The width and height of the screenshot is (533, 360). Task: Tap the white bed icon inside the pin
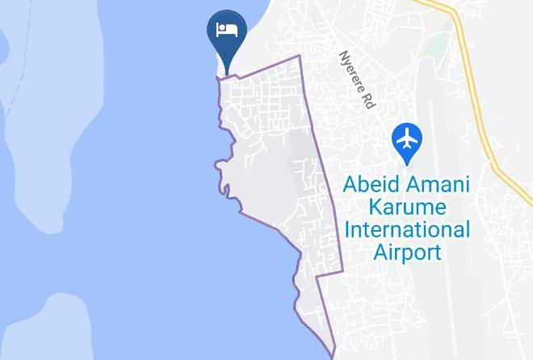coord(226,30)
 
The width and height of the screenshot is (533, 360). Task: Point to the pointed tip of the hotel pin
coord(227,71)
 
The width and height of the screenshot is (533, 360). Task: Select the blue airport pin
coord(406,139)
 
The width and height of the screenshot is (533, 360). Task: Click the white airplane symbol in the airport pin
coord(406,138)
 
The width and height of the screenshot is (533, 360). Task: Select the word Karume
coord(406,207)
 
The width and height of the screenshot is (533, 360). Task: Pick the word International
coord(406,229)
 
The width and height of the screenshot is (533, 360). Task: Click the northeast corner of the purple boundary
coord(300,57)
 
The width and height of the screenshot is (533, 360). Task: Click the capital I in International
coord(347,229)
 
